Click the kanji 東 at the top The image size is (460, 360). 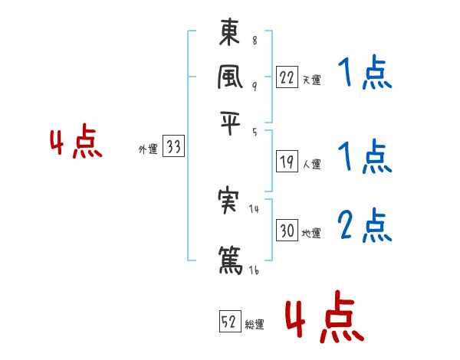(x=231, y=34)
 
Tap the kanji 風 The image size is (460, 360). (x=231, y=77)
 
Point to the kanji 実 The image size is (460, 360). (x=231, y=200)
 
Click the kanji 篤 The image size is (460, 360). (x=231, y=257)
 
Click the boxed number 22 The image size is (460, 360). (x=287, y=77)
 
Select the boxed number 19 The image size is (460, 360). (x=287, y=162)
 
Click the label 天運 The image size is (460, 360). (x=311, y=79)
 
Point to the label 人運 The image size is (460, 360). (x=311, y=163)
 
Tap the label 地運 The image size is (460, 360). (x=311, y=233)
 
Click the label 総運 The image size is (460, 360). (x=255, y=324)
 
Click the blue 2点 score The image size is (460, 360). (x=365, y=224)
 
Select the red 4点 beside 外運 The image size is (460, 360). (x=76, y=144)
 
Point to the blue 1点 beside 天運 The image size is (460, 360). (x=365, y=74)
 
